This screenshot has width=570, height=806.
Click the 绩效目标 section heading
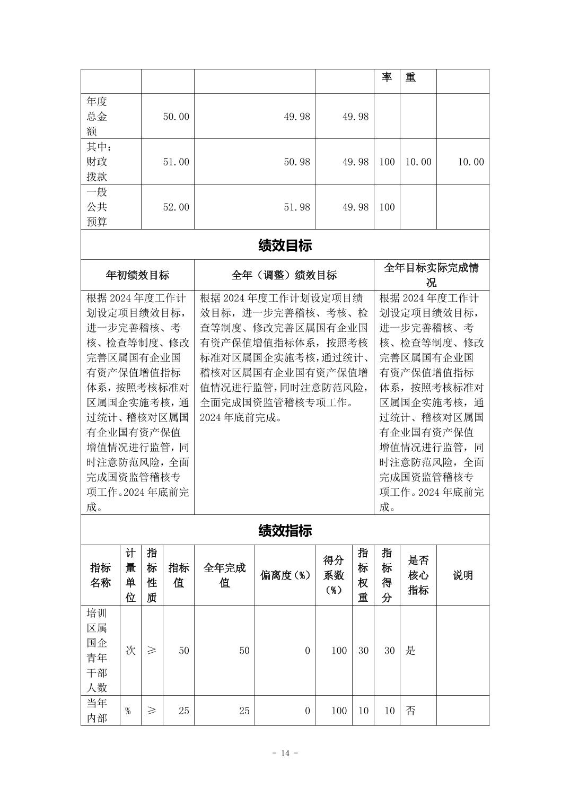(x=285, y=246)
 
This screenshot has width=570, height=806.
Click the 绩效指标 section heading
(x=285, y=530)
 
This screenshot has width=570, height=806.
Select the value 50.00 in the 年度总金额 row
(x=176, y=117)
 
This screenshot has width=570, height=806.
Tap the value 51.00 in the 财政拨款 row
(x=176, y=162)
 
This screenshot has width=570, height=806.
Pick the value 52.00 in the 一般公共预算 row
(x=176, y=207)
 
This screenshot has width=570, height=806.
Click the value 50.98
(x=296, y=162)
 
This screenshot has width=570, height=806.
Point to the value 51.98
(x=296, y=207)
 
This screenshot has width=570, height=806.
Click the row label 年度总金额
(x=97, y=116)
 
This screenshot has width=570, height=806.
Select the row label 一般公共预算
(x=97, y=207)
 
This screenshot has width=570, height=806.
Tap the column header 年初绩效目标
(x=137, y=275)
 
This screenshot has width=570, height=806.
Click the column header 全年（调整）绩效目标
(x=284, y=275)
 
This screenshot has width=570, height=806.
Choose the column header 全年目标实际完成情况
(x=431, y=275)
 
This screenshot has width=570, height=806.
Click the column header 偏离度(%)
(x=285, y=575)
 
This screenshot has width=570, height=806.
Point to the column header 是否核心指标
(x=418, y=575)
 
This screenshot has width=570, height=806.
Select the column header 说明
(x=462, y=575)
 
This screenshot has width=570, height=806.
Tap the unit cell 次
(x=130, y=650)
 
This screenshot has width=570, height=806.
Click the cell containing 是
(x=410, y=650)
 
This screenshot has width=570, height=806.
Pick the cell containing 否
(x=410, y=711)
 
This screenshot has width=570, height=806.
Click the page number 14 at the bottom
(x=285, y=754)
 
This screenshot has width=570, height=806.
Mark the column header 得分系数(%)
(x=334, y=575)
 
